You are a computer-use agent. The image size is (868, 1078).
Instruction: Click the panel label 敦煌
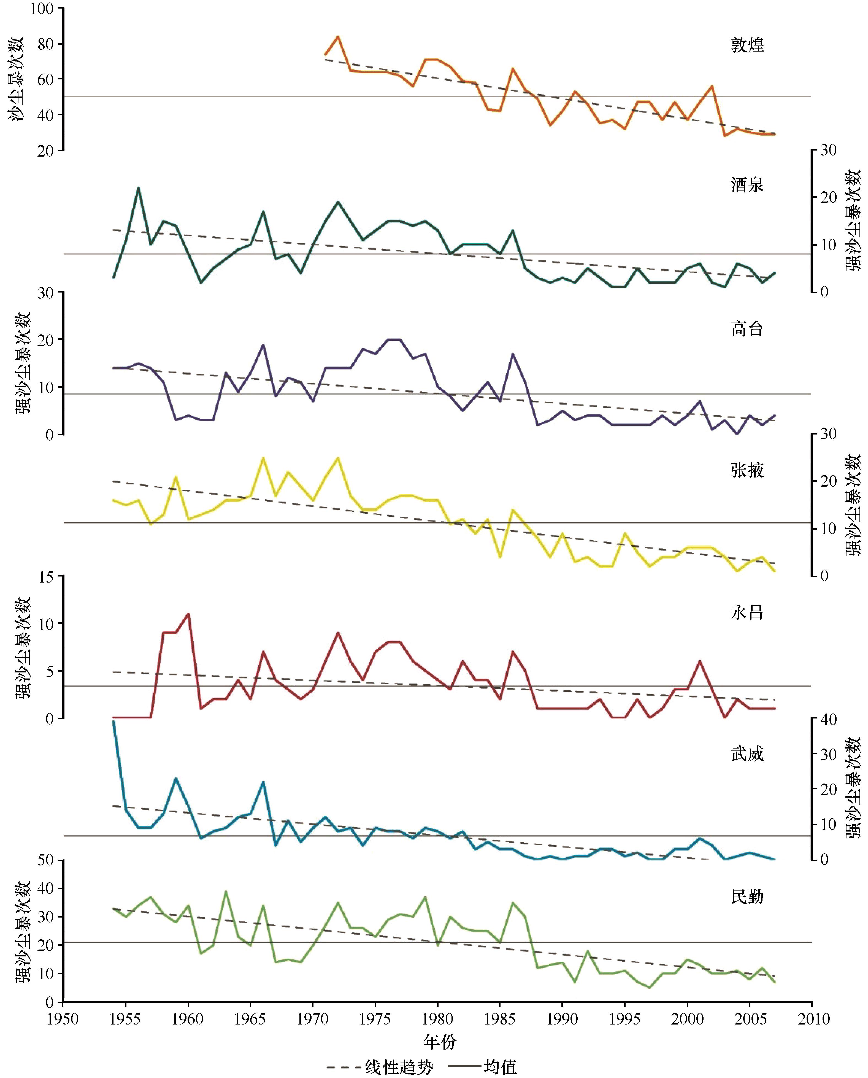747,45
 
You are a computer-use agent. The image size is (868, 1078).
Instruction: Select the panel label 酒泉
747,185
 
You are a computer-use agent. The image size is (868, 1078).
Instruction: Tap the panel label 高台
747,329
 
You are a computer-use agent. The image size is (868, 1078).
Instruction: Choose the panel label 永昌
747,612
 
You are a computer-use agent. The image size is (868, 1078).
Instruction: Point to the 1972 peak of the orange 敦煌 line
338,37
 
